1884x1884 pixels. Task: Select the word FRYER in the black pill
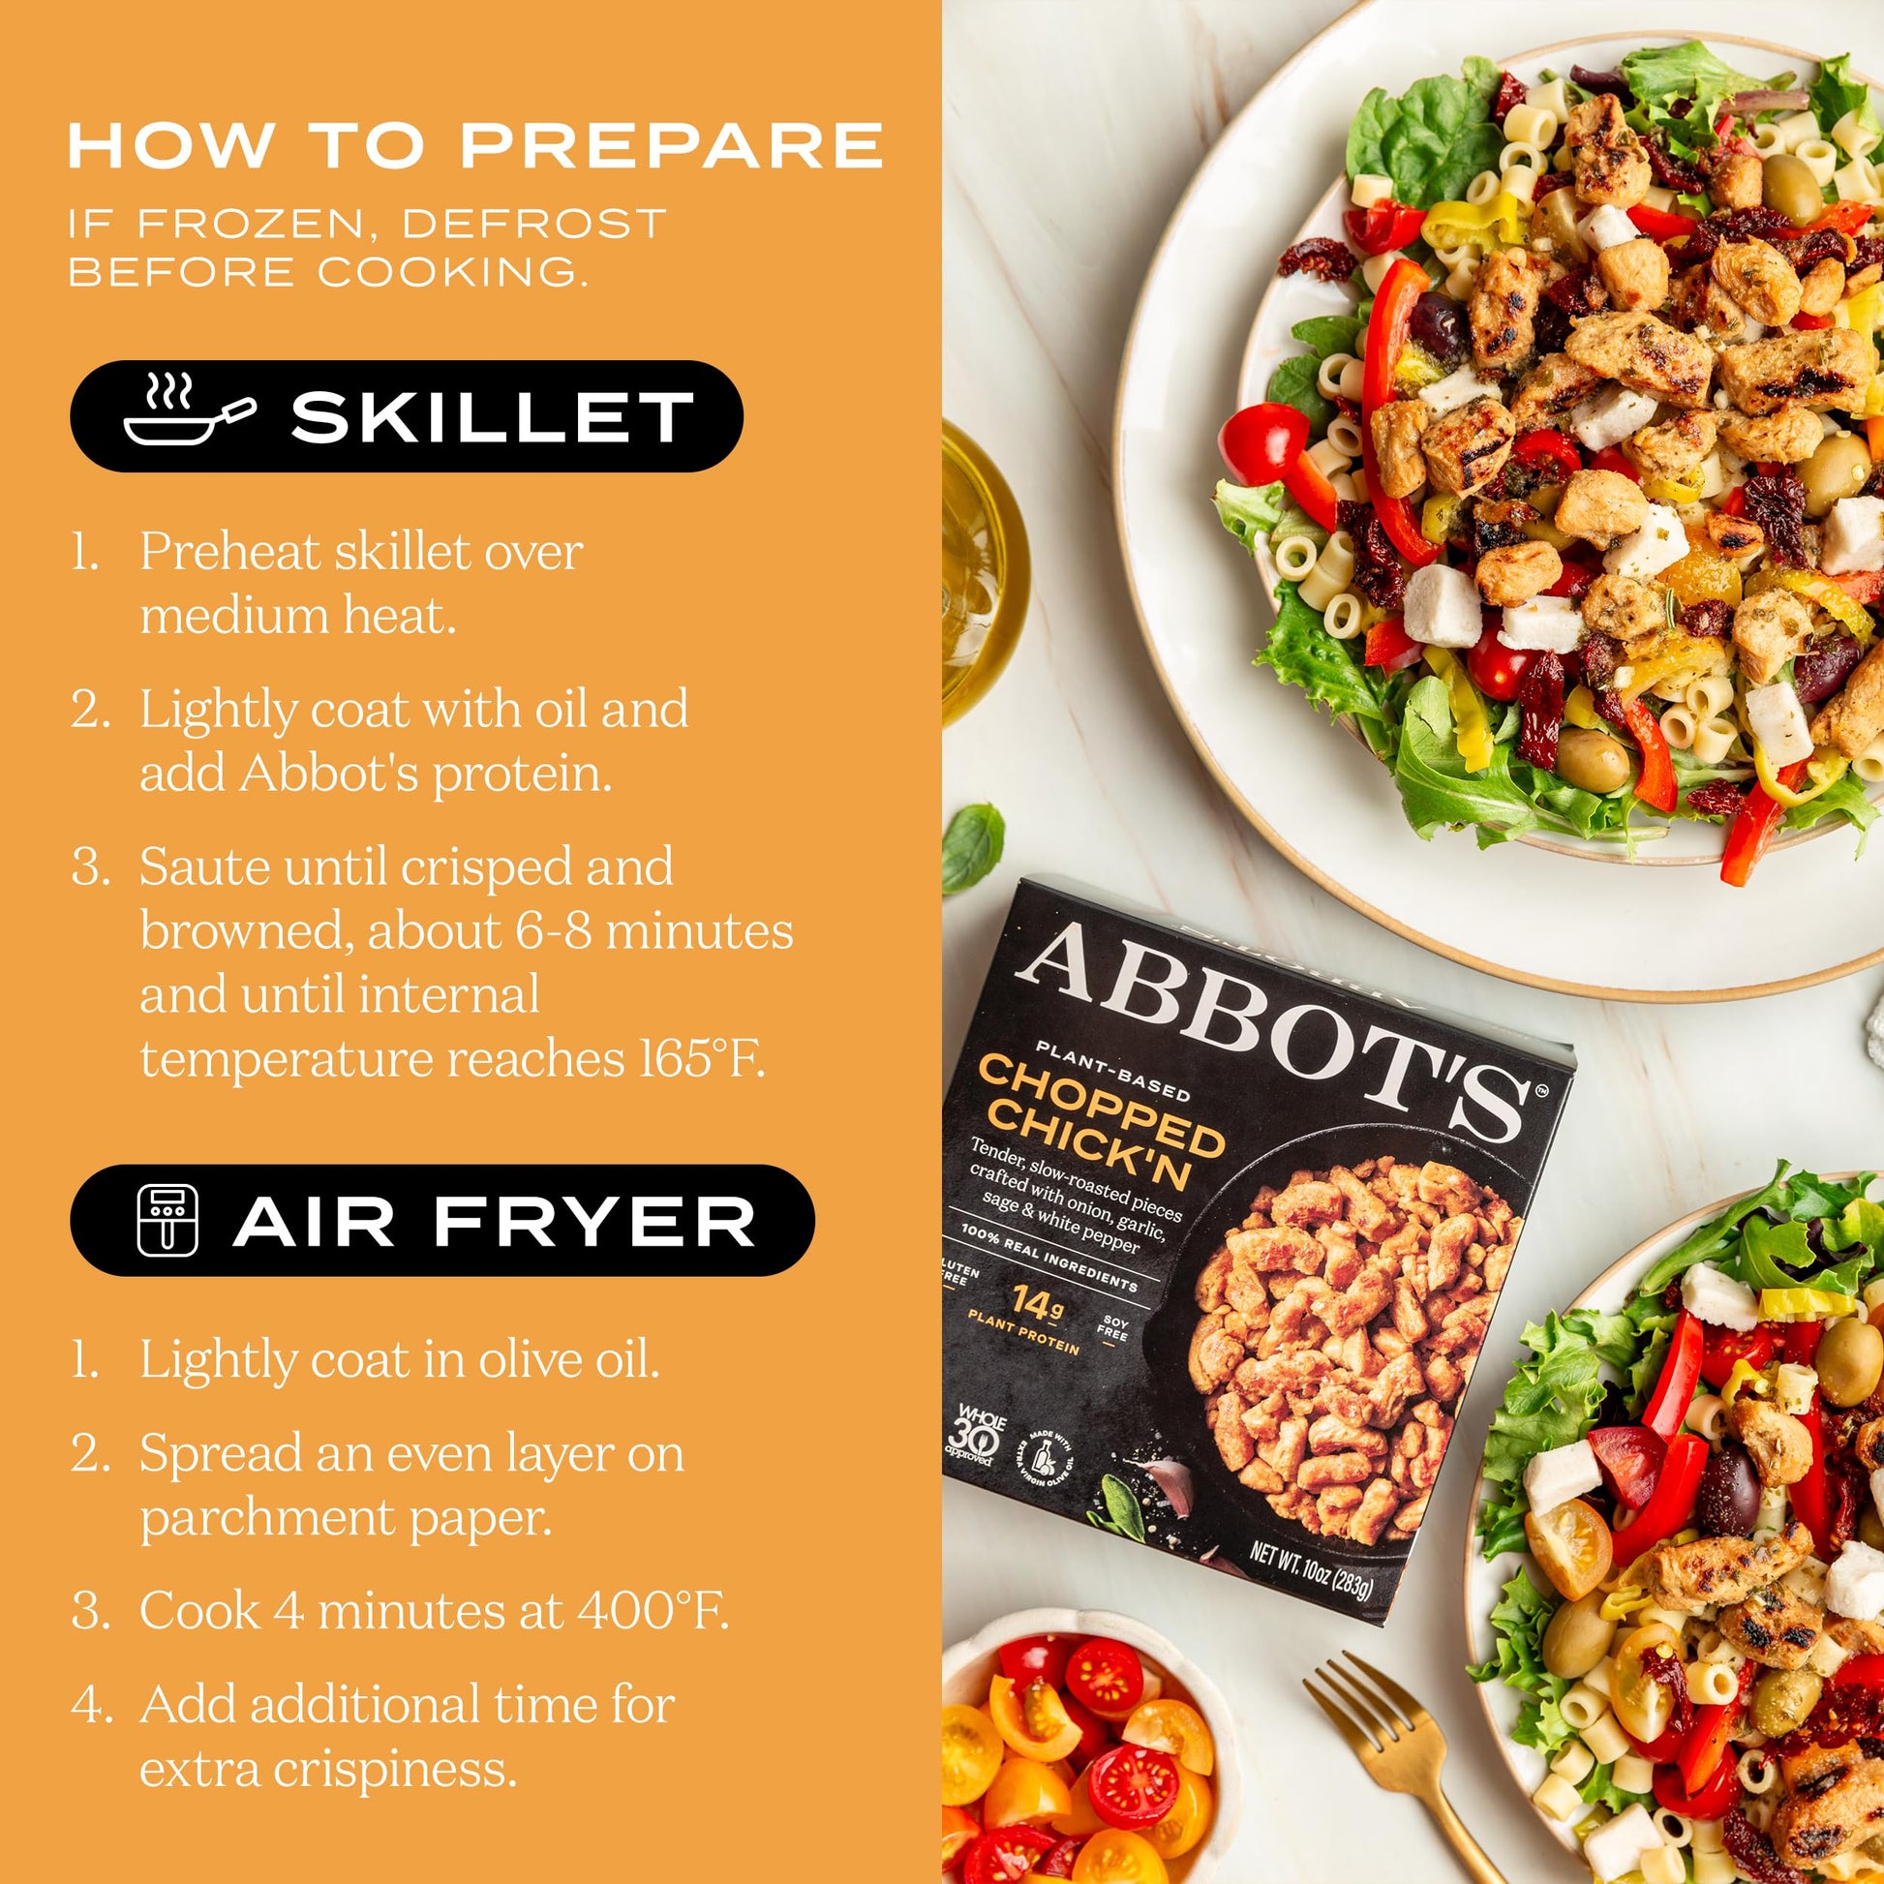click(x=597, y=1222)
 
